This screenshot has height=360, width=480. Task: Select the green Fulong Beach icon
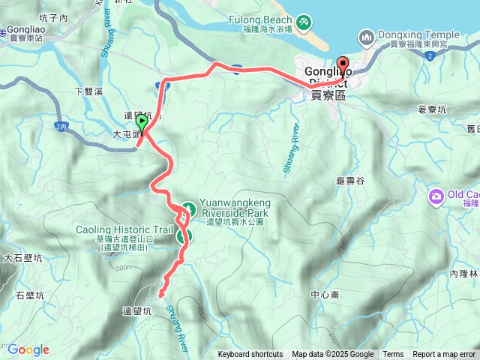pos(303,22)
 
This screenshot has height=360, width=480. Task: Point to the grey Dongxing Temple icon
pos(367,34)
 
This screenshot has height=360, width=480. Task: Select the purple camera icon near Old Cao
pos(436,196)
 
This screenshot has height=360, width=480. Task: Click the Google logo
pos(28,349)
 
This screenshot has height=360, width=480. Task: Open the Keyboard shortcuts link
pos(250,355)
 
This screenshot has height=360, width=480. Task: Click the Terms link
pos(393,355)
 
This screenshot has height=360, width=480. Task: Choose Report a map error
pos(444,355)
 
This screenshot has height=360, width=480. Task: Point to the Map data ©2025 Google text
pos(332,355)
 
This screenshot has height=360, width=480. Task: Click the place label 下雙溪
pos(88,91)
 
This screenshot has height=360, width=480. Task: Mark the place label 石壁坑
pos(30,295)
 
